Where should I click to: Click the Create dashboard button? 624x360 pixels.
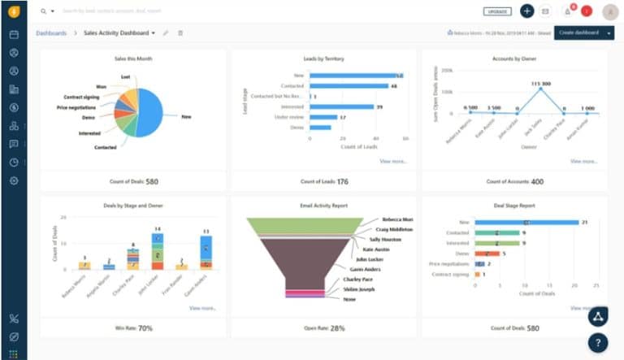[x=578, y=33]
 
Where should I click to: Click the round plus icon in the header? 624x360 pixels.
[x=526, y=11]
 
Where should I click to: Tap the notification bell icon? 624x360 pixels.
[x=567, y=11]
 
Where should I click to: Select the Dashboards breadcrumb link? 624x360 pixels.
[x=50, y=33]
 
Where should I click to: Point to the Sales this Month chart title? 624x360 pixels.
[x=133, y=59]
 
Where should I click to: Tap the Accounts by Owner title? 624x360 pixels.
[x=514, y=59]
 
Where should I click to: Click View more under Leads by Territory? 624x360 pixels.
[x=393, y=162]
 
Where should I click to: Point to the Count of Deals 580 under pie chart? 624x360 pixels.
[x=133, y=181]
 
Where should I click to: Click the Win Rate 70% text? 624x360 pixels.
[x=133, y=328]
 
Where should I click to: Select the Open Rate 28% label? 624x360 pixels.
[x=323, y=328]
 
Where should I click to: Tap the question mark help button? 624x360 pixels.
[x=598, y=342]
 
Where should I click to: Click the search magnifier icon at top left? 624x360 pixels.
[x=43, y=11]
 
